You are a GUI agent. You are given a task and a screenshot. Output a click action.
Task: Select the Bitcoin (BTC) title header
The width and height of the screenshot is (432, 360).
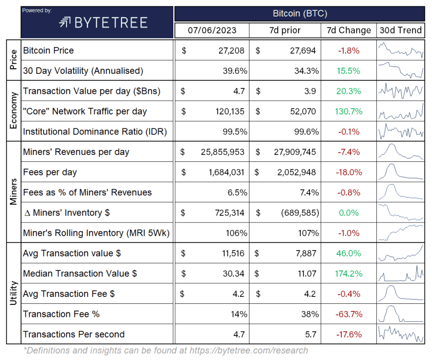300,13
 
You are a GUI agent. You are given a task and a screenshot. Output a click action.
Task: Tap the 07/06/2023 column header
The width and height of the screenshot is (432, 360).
212,30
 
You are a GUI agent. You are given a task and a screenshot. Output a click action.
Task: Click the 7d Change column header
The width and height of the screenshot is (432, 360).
349,30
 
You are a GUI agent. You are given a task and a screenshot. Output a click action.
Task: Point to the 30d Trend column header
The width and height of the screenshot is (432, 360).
400,30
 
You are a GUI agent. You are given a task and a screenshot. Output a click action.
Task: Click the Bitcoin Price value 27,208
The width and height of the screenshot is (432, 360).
229,50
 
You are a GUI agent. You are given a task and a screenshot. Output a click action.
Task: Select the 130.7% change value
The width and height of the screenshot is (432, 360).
348,111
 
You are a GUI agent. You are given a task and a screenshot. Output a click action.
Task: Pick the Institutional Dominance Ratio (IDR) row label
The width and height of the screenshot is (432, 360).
95,131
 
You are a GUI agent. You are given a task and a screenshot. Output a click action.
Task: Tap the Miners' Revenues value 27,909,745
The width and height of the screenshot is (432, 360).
293,152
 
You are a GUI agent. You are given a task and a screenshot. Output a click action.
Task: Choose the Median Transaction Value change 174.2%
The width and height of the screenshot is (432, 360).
348,274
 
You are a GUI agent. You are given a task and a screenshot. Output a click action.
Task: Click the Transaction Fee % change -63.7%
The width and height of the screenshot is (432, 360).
348,314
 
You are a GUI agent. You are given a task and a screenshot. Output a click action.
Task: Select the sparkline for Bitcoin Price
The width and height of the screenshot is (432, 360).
400,50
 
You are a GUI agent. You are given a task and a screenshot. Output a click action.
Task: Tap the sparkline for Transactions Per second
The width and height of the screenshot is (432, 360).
400,334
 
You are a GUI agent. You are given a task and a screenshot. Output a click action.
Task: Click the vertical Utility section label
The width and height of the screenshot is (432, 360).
13,294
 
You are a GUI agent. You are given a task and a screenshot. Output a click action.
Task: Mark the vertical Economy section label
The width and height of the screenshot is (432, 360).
13,111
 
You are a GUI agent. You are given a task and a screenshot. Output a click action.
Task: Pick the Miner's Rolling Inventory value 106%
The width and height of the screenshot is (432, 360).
236,233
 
